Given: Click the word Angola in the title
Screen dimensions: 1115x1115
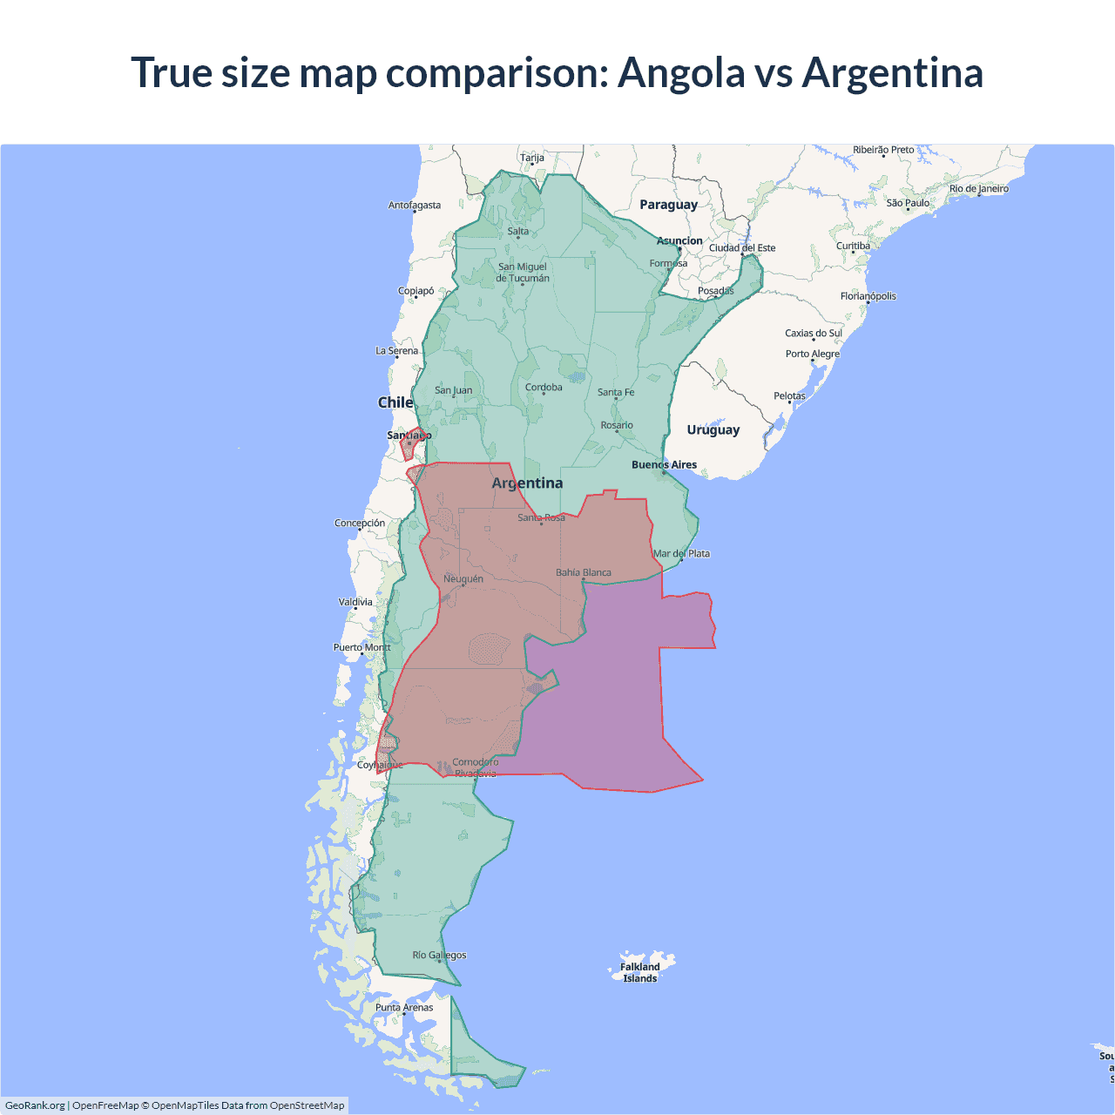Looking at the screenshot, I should point(681,72).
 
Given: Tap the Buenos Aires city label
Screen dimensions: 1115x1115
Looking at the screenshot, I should point(664,464).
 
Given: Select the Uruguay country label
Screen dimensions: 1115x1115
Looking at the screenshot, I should point(713,429).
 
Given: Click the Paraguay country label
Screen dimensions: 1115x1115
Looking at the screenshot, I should point(668,205).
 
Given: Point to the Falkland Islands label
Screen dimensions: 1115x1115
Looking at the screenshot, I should point(639,972).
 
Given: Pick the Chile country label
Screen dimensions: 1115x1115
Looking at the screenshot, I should point(395,402).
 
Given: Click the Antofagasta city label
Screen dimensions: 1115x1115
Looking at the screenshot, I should point(414,205).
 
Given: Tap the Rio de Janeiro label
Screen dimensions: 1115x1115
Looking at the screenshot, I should point(978,188).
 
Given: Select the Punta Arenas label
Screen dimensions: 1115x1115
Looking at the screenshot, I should point(404,1007).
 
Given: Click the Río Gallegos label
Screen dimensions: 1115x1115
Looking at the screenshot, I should point(439,955).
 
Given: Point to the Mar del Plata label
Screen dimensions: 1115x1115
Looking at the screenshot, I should point(681,553).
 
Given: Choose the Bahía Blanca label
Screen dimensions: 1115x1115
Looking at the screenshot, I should point(583,572).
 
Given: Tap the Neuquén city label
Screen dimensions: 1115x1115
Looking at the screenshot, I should point(463,578).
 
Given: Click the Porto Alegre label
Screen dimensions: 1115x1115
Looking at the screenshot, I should point(812,354).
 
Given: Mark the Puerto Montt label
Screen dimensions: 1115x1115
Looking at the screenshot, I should point(362,647).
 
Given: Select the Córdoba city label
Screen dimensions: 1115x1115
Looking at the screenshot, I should point(544,387).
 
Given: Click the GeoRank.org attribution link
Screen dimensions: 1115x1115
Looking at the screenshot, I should point(35,1105).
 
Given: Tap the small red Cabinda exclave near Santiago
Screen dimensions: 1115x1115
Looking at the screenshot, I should point(409,445).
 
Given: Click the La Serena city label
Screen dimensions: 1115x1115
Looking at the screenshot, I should point(396,350).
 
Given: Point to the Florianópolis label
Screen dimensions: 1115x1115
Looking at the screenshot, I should point(868,296).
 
